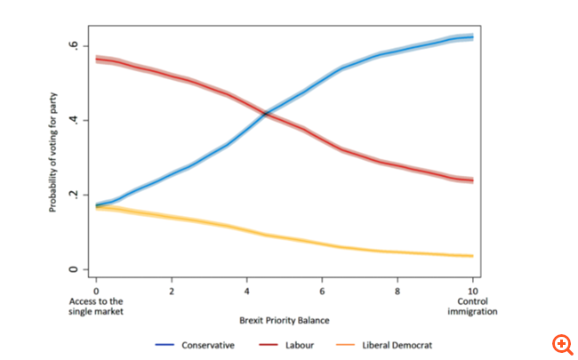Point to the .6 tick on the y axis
tap(77, 45)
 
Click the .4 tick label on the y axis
tap(77, 120)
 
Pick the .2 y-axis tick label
tap(77, 195)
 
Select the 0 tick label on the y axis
tap(77, 269)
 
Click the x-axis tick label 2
tap(172, 291)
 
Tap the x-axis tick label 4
tap(247, 291)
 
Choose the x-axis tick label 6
tap(323, 291)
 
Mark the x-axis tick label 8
tap(398, 291)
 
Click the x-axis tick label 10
tap(473, 291)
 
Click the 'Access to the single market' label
tap(96, 306)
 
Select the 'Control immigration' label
tap(473, 306)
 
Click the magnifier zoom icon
tap(562, 344)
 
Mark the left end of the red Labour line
tap(96, 59)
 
